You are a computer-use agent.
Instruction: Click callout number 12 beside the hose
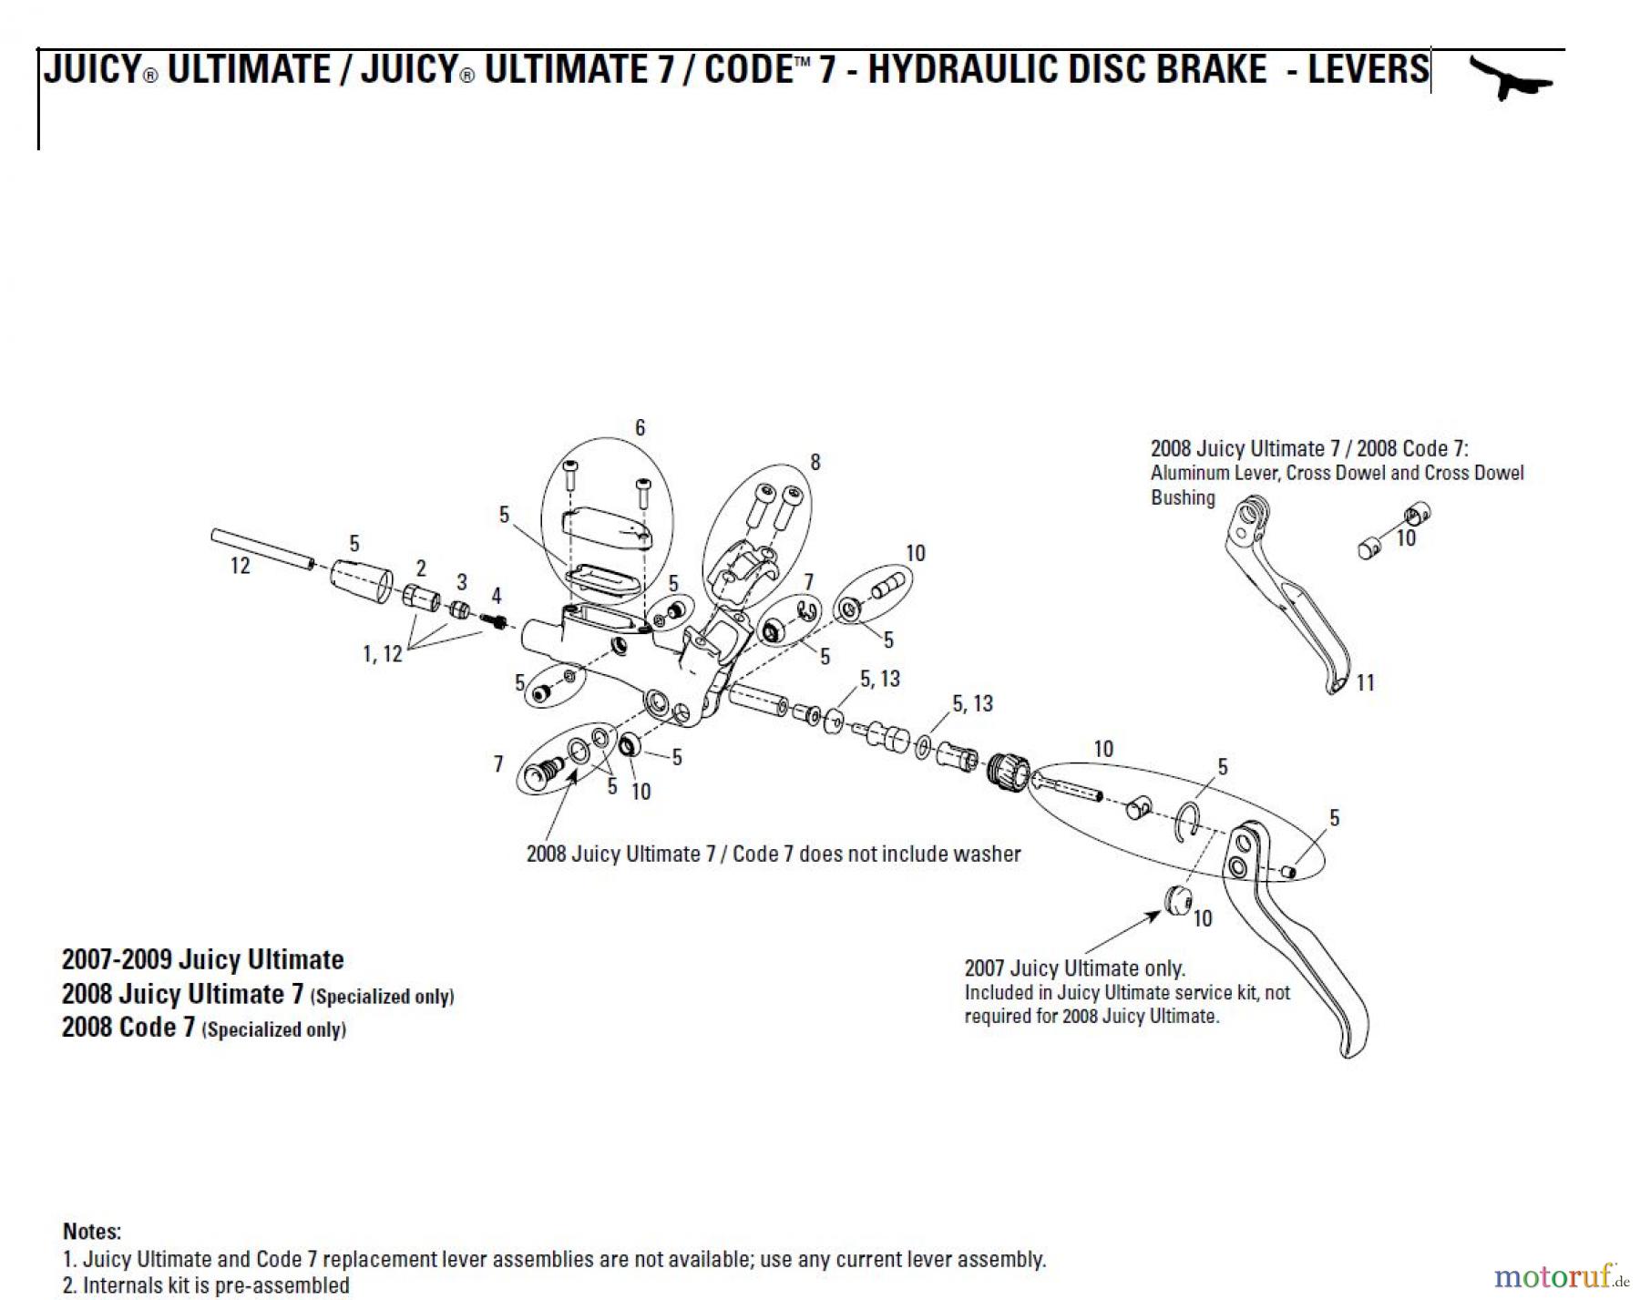(x=240, y=566)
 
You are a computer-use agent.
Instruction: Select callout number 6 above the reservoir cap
(x=640, y=428)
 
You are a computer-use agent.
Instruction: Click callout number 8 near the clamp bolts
(x=815, y=463)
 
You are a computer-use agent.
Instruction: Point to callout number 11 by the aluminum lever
(x=1365, y=682)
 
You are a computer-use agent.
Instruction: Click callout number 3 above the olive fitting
(x=462, y=582)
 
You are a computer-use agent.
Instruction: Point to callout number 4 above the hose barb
(x=496, y=596)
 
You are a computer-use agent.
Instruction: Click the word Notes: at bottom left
(x=92, y=1232)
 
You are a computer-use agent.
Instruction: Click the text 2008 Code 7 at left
(x=128, y=1028)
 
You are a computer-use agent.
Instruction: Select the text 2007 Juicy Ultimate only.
(x=1074, y=968)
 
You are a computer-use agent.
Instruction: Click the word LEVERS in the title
(x=1368, y=70)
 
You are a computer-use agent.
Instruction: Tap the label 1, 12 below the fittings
(x=382, y=654)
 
